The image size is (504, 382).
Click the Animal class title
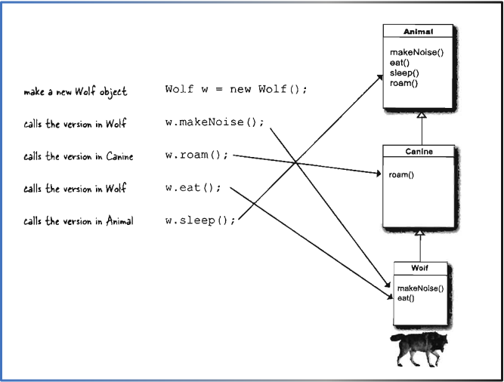418,32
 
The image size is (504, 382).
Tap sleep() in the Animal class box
404,73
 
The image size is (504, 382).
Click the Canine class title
418,152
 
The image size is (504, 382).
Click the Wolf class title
419,268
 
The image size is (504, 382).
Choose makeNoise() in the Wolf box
419,288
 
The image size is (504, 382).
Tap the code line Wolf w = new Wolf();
236,90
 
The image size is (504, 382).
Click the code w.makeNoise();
215,122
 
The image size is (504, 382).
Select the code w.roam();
196,156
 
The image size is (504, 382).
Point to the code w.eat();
193,188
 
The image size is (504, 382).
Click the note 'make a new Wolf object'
75,91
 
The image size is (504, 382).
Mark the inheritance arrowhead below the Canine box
420,233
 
